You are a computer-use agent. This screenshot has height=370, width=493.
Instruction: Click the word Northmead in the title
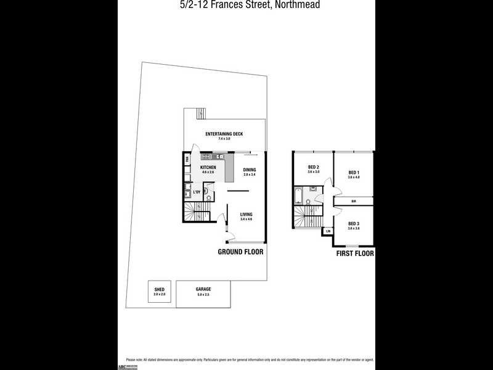click(x=298, y=5)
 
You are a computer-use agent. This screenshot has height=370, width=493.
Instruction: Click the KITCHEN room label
click(x=208, y=167)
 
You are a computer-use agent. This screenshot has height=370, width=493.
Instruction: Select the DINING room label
click(x=249, y=170)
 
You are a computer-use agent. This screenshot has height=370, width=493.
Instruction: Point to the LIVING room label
click(x=246, y=214)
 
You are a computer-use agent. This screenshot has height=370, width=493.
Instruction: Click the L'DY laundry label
click(x=197, y=192)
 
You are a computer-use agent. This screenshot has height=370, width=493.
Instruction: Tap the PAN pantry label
click(x=187, y=160)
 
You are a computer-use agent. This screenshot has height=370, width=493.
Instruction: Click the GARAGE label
click(x=203, y=289)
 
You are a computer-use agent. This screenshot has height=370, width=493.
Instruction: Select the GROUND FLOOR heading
click(x=240, y=252)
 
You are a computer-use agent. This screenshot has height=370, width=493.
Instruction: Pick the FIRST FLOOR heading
click(x=354, y=253)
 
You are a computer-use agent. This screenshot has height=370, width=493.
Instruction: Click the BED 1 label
click(x=353, y=172)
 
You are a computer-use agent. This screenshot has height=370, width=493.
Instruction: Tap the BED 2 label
click(x=313, y=167)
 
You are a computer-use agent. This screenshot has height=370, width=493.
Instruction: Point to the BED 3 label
click(x=353, y=223)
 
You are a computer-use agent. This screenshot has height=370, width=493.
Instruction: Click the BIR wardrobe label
click(x=353, y=201)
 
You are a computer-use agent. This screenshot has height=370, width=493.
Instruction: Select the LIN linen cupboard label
click(x=328, y=231)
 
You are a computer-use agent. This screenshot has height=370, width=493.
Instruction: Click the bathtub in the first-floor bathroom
click(x=298, y=195)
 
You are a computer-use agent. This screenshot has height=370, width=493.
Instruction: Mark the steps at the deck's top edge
click(x=199, y=113)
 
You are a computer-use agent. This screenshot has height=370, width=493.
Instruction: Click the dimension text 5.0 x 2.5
click(x=203, y=294)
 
